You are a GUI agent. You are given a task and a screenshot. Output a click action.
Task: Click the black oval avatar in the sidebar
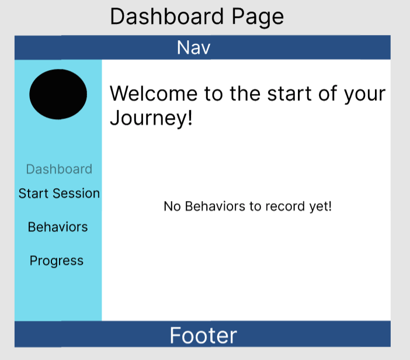(x=58, y=94)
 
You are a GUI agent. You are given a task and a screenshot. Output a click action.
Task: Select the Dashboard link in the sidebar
(x=59, y=169)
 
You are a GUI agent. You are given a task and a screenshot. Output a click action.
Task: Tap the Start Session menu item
(x=59, y=193)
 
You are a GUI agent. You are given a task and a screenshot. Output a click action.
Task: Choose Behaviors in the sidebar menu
(x=58, y=227)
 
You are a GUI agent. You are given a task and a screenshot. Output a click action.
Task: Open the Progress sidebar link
(x=57, y=261)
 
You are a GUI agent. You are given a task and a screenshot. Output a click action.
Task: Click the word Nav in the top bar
(x=193, y=47)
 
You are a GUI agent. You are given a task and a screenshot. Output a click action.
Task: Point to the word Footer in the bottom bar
(x=203, y=335)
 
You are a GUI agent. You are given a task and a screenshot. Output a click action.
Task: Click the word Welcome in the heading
(x=154, y=94)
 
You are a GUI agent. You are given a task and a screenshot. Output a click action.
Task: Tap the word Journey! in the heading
(x=151, y=118)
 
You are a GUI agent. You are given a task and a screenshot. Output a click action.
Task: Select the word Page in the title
(x=258, y=17)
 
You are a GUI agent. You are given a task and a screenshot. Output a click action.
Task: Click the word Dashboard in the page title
(x=167, y=16)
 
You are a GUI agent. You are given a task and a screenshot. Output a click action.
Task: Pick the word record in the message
(x=285, y=206)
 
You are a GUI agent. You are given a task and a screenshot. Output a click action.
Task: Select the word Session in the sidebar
(x=76, y=193)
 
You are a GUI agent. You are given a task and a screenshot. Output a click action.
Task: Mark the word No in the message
(x=172, y=206)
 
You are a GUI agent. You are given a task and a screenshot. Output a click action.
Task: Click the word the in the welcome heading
(x=245, y=94)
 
